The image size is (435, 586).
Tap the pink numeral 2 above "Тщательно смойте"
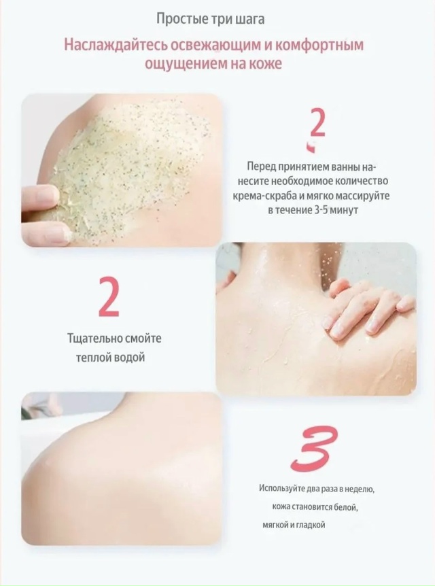pos(108,298)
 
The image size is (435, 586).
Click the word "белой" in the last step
pos(347,508)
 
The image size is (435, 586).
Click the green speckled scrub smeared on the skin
pos(130,165)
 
